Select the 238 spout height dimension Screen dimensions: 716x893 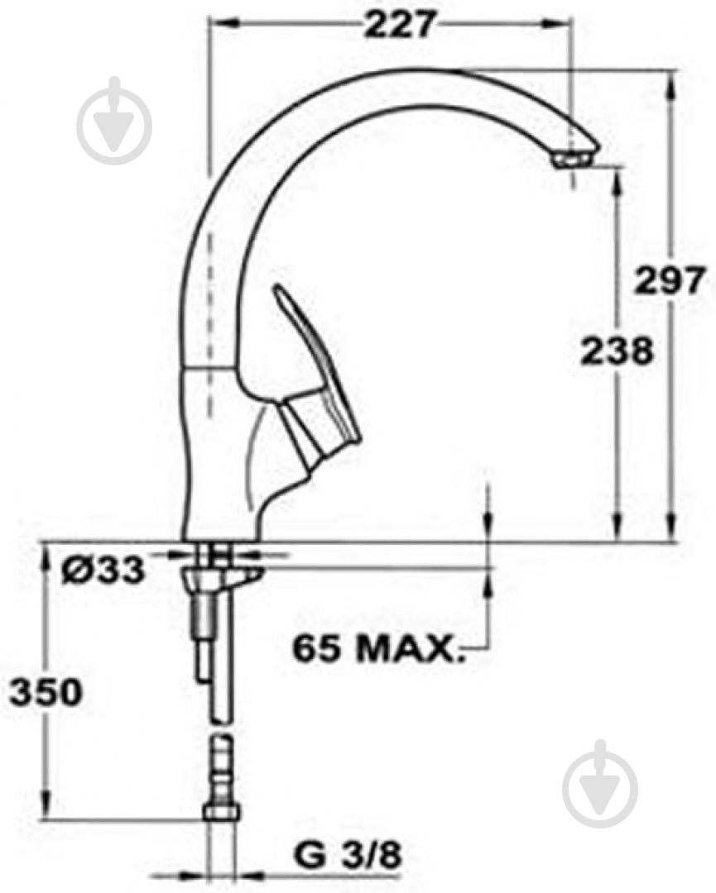(x=617, y=351)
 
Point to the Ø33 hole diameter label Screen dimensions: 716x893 (x=103, y=570)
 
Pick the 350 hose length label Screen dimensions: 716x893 (x=46, y=692)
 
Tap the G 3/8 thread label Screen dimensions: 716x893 (x=348, y=855)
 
